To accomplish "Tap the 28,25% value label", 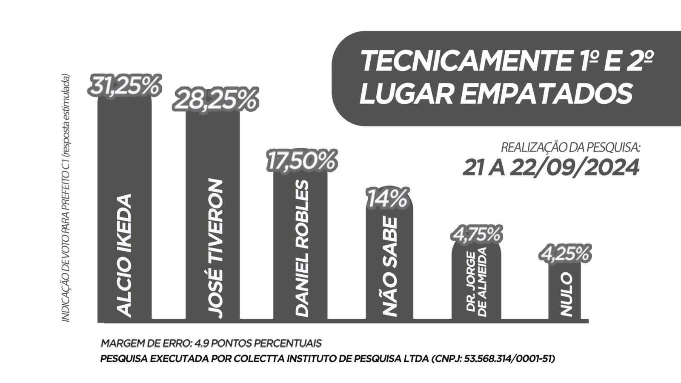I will pos(215,100).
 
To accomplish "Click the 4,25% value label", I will pos(565,254).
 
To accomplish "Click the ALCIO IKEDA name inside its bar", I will pos(124,255).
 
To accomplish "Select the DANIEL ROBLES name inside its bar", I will pos(301,248).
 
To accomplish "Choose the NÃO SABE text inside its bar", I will pos(389,267).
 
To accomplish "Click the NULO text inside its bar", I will pos(566,294).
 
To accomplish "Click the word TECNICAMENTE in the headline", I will pos(464,61).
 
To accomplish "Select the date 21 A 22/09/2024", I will pos(551,168).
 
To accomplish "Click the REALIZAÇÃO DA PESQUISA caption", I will pos(570,148).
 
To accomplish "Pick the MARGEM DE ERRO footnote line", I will pos(211,343).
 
